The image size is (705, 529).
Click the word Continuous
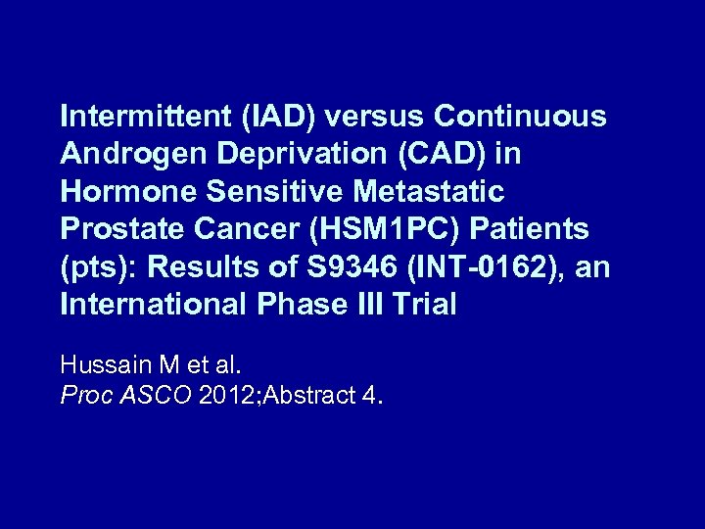520,117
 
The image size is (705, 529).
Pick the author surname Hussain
104,365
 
